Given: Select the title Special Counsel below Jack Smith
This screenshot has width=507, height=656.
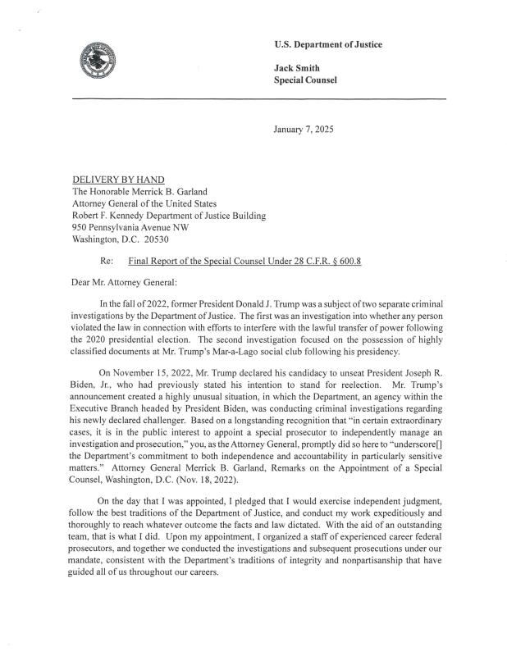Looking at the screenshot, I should (x=305, y=80).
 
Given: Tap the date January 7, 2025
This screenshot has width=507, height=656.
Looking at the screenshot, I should (x=304, y=130).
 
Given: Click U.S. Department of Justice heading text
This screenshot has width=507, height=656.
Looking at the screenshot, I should (x=328, y=44).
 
